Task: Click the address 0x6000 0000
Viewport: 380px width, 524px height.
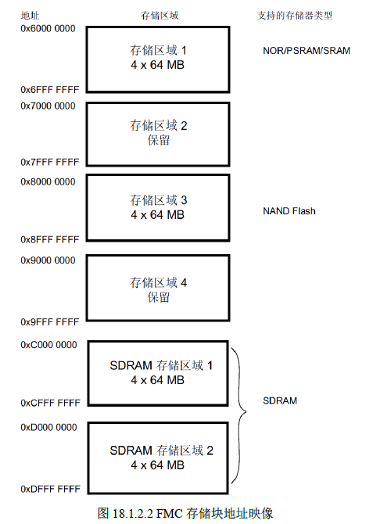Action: click(48, 29)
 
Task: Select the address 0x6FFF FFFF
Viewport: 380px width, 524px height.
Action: click(50, 90)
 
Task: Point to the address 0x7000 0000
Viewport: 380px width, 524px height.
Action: click(48, 106)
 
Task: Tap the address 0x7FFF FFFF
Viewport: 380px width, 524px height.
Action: click(50, 162)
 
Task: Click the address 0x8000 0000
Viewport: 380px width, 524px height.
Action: click(48, 181)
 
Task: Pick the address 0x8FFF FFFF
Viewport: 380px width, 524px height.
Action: click(50, 239)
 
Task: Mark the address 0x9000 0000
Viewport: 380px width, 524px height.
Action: click(48, 260)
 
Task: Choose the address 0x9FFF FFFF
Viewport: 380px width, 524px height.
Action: click(50, 321)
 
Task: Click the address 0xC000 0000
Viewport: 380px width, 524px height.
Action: click(48, 345)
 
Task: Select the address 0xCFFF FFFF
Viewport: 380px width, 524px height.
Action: click(51, 403)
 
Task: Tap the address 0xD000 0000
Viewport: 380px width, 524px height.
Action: click(48, 427)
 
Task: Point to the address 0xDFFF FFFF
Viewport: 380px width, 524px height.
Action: click(51, 489)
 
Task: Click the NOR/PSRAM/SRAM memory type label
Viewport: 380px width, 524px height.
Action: click(307, 51)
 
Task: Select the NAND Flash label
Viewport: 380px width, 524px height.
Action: click(289, 211)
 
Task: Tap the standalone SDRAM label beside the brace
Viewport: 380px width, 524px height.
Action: click(280, 400)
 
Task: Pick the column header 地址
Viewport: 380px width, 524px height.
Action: click(30, 16)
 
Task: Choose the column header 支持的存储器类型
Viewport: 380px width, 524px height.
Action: click(295, 16)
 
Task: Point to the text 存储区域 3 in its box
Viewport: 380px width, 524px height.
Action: click(159, 200)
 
